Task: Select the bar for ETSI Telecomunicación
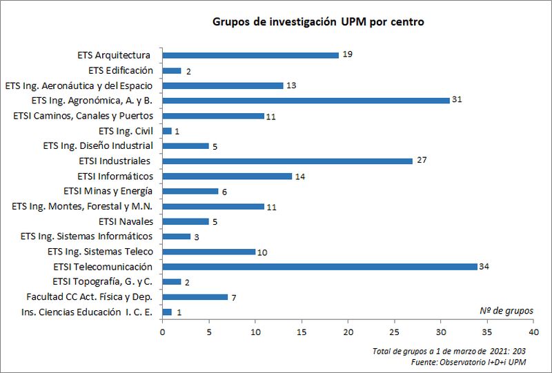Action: [319, 267]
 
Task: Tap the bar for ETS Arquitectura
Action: [250, 55]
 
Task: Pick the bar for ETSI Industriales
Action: [287, 161]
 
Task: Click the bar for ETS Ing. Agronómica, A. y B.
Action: [306, 101]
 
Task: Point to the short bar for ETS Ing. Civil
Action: [167, 131]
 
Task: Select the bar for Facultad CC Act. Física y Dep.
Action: [195, 297]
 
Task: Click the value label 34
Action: [486, 267]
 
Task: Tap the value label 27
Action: [422, 161]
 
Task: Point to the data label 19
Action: [347, 54]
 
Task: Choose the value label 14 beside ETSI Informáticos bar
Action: [300, 177]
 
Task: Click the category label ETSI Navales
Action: [126, 221]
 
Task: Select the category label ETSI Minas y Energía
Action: [108, 191]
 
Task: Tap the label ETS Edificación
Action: [121, 70]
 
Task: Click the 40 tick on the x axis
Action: [533, 330]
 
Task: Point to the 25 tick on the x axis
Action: [394, 330]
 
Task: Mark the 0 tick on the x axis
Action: [162, 330]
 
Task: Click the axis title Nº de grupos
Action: [506, 310]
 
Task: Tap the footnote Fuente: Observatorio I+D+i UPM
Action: [468, 362]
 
